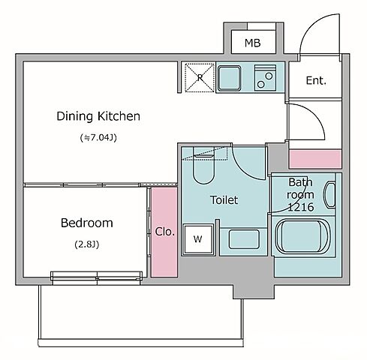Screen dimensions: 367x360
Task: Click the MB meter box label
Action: point(252,43)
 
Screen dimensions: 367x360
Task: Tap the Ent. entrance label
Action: point(316,80)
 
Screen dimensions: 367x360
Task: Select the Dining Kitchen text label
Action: point(98,116)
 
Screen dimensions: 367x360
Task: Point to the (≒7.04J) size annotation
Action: point(98,137)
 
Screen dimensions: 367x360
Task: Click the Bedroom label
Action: point(87,223)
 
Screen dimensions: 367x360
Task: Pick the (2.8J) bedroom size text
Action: point(87,244)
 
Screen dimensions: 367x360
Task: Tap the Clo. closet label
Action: point(164,232)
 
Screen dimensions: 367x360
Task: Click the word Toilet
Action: point(224,200)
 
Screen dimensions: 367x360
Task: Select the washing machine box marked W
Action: point(198,239)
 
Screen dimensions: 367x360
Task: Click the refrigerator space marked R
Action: point(200,77)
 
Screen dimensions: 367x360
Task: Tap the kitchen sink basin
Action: point(229,78)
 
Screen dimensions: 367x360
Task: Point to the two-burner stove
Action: point(265,78)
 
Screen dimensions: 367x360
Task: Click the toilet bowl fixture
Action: point(203,165)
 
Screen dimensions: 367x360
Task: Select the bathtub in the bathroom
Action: point(303,236)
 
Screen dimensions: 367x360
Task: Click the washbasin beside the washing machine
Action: point(244,239)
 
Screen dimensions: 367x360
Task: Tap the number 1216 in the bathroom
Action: point(300,207)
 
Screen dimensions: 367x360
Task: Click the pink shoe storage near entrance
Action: point(315,159)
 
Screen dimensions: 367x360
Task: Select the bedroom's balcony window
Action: point(97,277)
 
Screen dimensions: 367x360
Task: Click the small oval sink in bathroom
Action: point(330,195)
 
